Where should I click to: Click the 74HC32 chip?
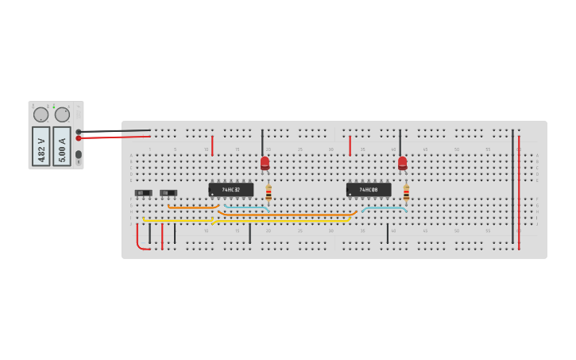point(230,190)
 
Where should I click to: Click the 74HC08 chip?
point(369,190)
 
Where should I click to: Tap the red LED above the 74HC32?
point(265,163)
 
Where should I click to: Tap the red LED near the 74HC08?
point(403,163)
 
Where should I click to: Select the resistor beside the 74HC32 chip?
point(269,192)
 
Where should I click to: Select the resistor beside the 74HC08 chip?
point(406,192)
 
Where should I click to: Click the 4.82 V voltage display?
point(41,146)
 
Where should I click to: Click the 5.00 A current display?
point(62,146)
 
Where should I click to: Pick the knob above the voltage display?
point(41,114)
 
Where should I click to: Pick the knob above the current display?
point(62,114)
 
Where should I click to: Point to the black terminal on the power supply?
point(79,132)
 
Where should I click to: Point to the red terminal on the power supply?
point(79,138)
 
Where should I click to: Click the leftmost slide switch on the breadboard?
point(143,193)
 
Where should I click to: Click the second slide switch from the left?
point(168,193)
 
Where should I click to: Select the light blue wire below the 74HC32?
point(246,207)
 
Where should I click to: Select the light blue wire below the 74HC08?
point(385,208)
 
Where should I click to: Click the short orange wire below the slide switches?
point(193,208)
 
